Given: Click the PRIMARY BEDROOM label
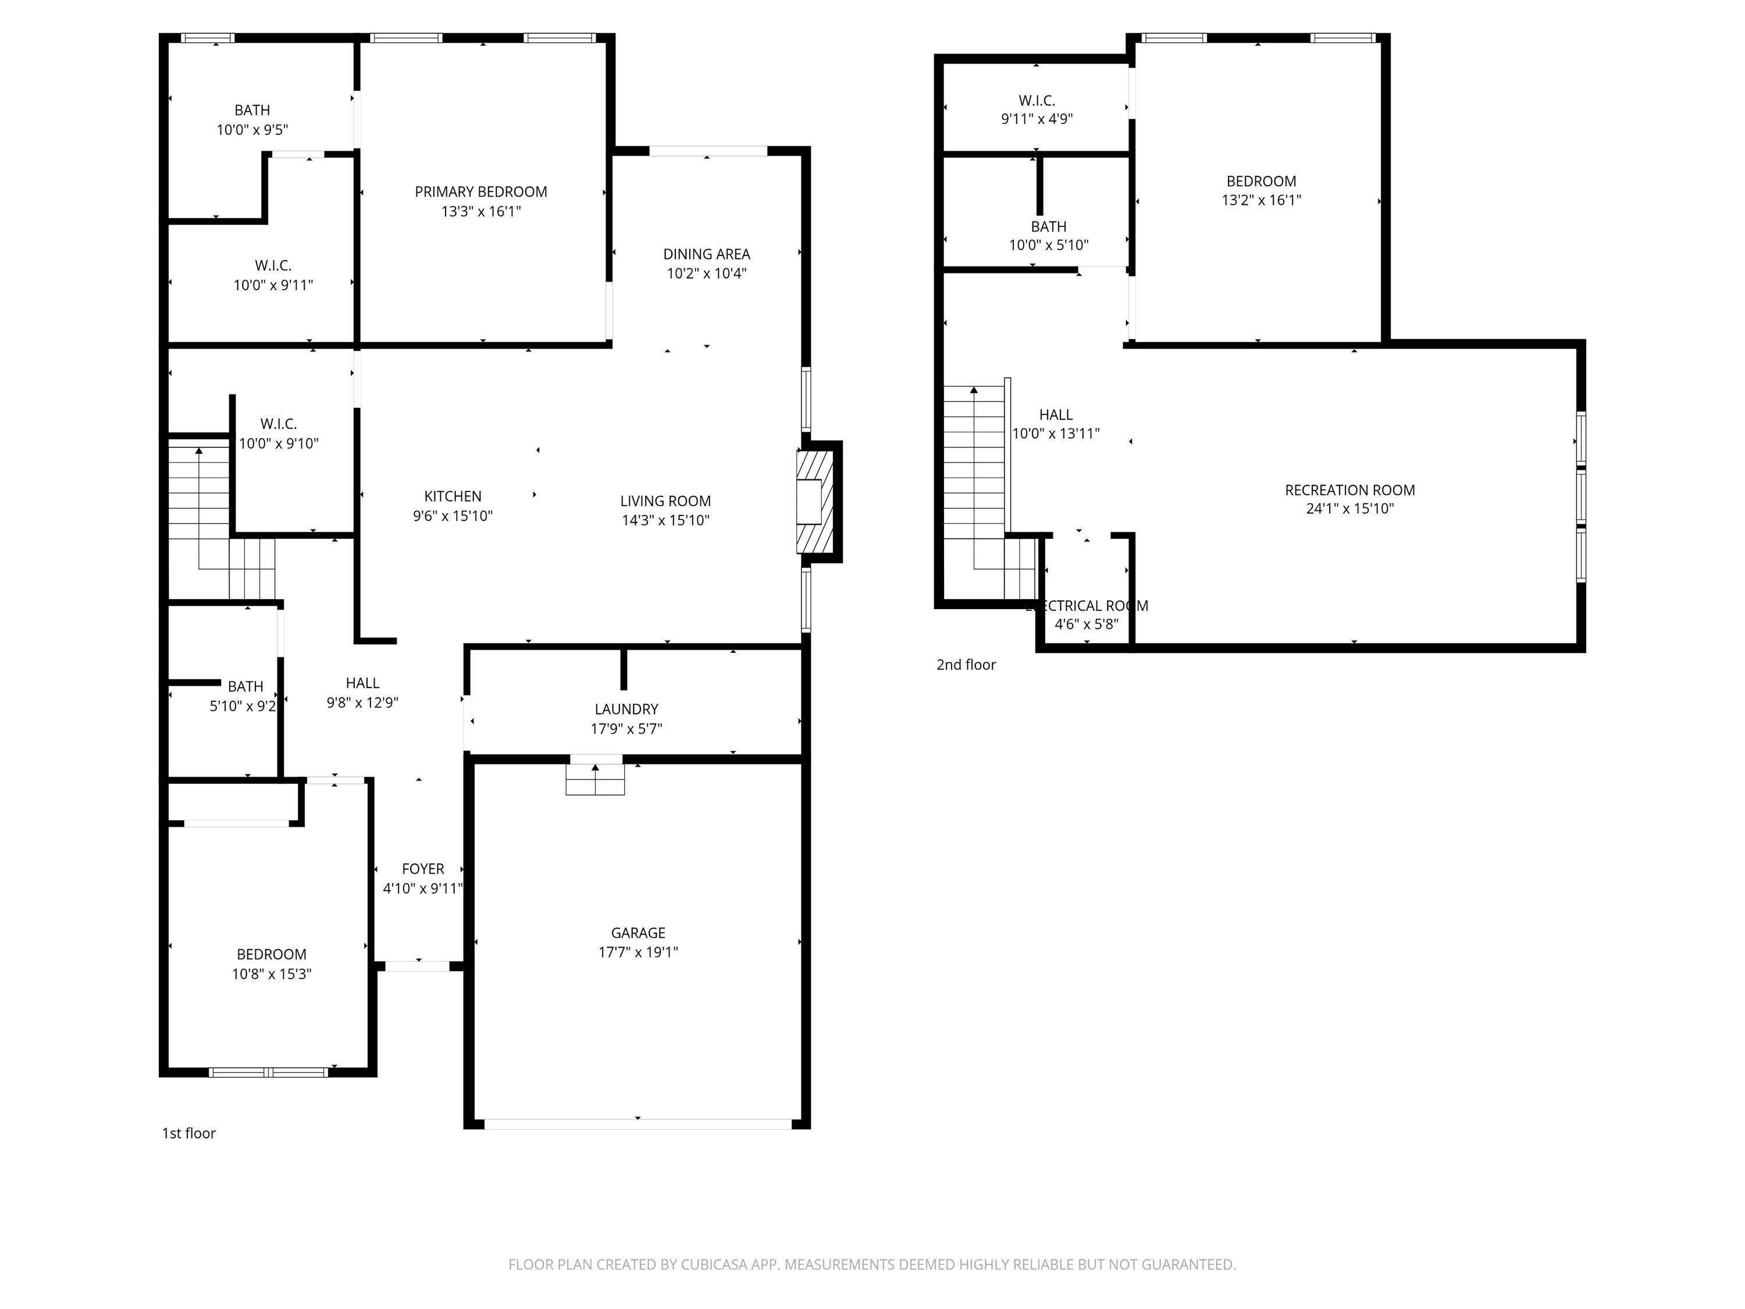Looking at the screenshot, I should [480, 192].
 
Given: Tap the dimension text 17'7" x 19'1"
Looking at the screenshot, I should [638, 952].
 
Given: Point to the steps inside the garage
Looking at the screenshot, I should [595, 779].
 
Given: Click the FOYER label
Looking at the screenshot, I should [423, 869].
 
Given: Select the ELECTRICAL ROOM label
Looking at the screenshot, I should [1087, 606].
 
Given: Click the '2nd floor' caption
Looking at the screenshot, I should [966, 665].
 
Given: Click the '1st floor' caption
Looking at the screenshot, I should [188, 1133].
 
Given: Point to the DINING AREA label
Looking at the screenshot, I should [706, 254].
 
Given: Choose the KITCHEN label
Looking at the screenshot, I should [452, 496].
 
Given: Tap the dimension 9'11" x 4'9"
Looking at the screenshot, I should [1037, 119].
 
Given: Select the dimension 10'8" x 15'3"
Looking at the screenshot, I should [272, 974].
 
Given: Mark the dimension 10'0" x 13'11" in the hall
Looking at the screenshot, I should [1056, 433].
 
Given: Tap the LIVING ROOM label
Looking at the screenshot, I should [665, 501].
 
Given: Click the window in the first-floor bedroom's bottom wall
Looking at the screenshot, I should [268, 1072].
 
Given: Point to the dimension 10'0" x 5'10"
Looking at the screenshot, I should [1048, 246].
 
